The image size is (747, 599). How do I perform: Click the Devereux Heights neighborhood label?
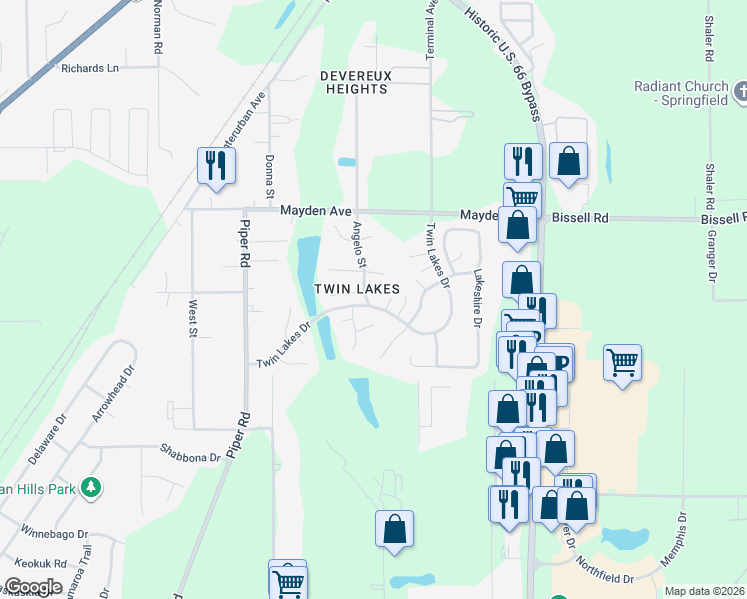click(354, 82)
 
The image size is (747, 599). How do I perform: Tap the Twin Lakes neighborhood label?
click(358, 289)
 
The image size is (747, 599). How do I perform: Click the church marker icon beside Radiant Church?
click(740, 93)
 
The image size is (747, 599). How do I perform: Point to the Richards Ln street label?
click(89, 68)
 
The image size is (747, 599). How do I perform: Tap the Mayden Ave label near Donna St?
click(315, 211)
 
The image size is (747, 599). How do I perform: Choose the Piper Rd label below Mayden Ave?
click(243, 244)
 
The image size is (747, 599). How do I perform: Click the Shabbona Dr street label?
click(190, 456)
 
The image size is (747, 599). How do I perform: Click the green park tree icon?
click(91, 487)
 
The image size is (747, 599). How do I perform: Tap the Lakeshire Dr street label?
click(477, 299)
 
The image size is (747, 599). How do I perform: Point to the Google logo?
click(32, 587)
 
